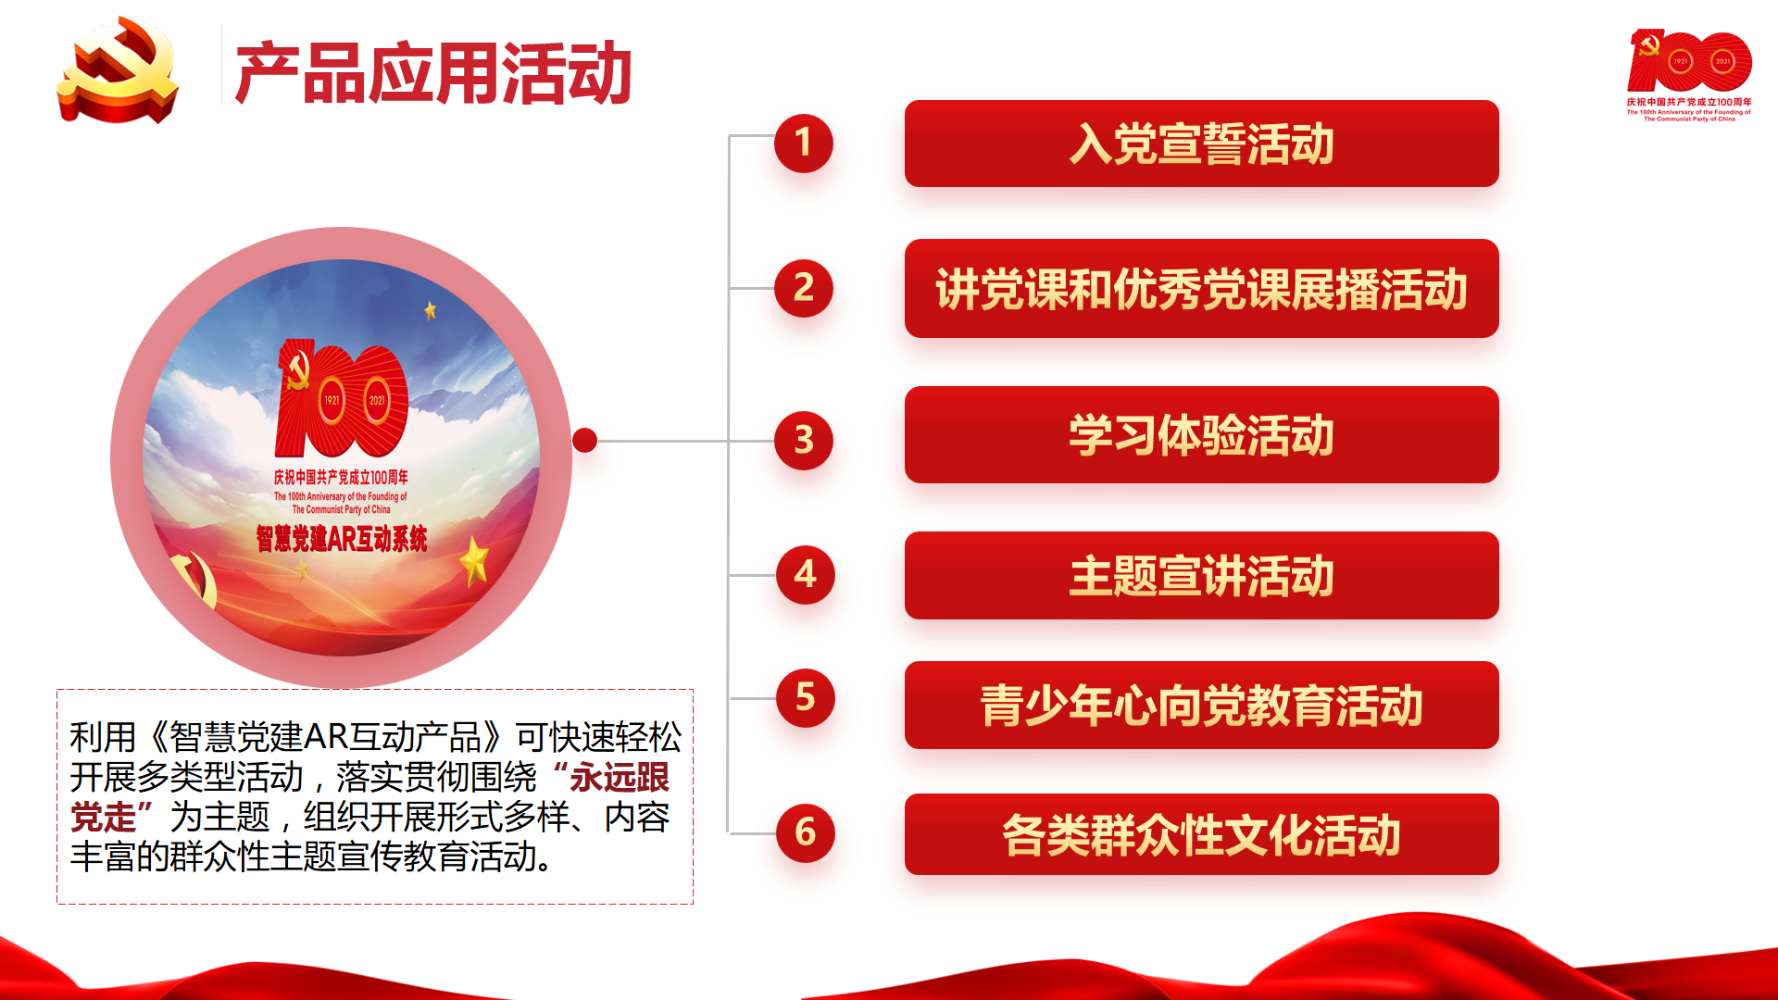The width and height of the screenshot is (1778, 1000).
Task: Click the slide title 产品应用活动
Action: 433,73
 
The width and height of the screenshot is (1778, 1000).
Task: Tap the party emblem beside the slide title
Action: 118,70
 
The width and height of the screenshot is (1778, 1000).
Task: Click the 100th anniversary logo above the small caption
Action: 1689,61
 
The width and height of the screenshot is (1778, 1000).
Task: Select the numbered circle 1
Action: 803,143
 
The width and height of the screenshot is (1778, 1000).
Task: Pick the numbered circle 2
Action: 803,288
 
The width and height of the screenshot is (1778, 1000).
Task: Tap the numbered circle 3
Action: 803,440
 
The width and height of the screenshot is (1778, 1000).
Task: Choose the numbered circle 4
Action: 805,574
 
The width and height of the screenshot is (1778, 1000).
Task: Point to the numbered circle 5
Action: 805,697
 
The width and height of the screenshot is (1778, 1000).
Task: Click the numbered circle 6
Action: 805,832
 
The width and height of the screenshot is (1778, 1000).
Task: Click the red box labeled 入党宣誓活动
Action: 1201,144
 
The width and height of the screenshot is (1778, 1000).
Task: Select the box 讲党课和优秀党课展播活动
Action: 1201,288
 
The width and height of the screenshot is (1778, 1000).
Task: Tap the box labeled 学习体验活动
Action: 1201,434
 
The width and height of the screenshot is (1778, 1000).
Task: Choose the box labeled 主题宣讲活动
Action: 1201,575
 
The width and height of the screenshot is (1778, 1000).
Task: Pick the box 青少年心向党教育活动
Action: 1201,705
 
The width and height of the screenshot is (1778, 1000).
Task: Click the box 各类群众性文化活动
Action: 1201,834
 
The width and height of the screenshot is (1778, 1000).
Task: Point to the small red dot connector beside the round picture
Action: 584,440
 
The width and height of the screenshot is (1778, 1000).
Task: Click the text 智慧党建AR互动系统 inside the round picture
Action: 342,538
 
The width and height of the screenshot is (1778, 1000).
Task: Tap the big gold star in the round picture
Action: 474,560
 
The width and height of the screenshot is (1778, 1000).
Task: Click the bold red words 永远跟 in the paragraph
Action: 620,777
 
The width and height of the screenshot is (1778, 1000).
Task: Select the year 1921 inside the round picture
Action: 332,400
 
